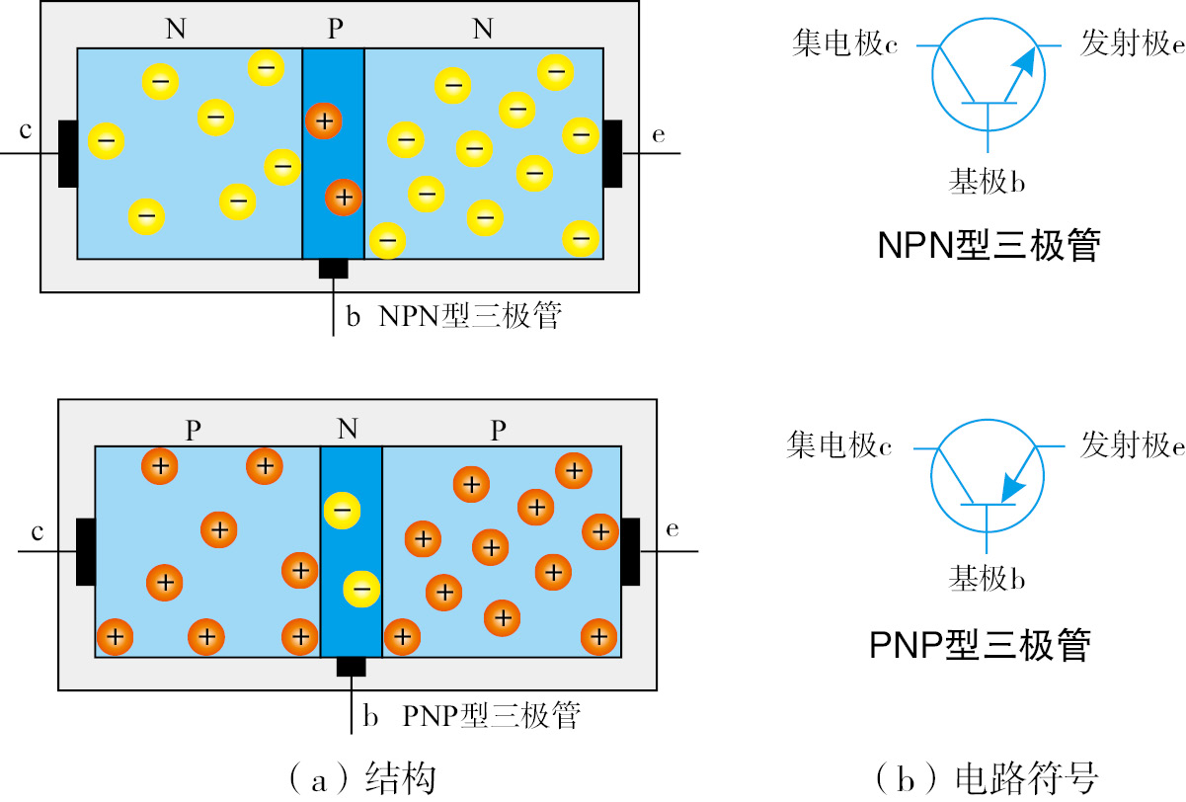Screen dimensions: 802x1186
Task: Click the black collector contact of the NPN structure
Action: pos(67,153)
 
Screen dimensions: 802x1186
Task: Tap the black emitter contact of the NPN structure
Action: pos(613,153)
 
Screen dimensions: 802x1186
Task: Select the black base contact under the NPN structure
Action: pos(333,269)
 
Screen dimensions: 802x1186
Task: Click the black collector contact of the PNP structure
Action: pos(86,551)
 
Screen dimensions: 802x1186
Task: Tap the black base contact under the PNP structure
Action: pos(351,667)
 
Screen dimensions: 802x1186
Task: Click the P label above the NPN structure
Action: pos(336,30)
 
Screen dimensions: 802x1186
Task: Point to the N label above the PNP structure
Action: pos(347,429)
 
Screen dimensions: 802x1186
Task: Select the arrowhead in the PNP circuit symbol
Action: pos(1011,486)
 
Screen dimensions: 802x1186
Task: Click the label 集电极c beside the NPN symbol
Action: pos(844,44)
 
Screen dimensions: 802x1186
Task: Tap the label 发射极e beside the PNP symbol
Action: pos(1132,445)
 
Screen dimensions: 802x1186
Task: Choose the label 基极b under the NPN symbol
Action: pos(988,182)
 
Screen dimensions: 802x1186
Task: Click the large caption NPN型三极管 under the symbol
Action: pos(988,245)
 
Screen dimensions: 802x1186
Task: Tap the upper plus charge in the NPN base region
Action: pos(323,121)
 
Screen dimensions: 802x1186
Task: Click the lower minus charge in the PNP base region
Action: pos(359,590)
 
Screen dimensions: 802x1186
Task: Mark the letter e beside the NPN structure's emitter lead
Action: pos(659,134)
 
